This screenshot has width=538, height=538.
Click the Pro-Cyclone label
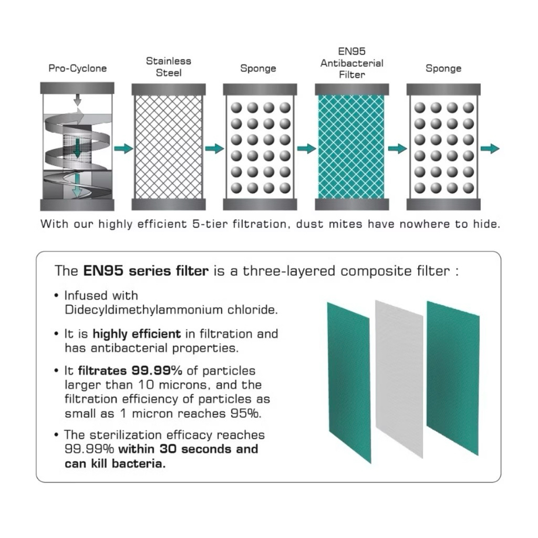(x=78, y=68)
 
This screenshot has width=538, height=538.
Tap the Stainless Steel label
(x=169, y=67)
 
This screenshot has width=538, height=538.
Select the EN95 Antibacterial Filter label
(x=351, y=63)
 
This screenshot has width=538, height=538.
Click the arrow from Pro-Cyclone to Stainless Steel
(x=123, y=149)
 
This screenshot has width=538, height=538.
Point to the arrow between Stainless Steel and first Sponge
(x=214, y=149)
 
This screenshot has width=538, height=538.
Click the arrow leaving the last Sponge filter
(x=490, y=149)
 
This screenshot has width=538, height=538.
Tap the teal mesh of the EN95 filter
(x=351, y=147)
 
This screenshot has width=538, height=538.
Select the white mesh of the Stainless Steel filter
(x=169, y=147)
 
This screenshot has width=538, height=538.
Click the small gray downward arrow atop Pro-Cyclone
(x=78, y=100)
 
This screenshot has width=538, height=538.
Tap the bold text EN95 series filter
(x=146, y=271)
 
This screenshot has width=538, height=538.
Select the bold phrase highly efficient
(x=137, y=334)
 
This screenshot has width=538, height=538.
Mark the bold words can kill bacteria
(x=115, y=463)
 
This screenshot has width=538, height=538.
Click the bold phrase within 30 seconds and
(x=188, y=449)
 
